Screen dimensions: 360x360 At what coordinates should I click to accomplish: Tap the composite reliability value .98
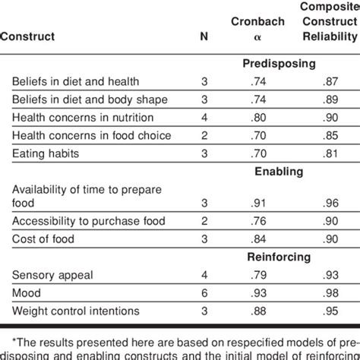pos(327,292)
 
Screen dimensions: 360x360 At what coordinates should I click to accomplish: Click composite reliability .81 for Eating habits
pos(327,153)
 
